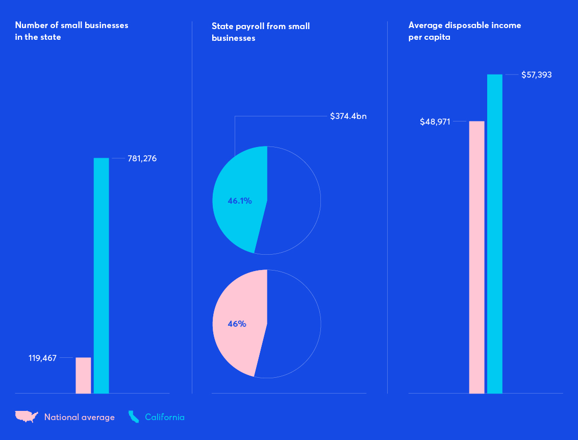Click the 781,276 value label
tap(142, 158)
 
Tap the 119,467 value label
tap(42, 358)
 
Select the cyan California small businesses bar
tap(101, 276)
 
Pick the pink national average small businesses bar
tap(83, 375)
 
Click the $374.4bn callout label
tap(348, 116)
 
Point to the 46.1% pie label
tap(240, 201)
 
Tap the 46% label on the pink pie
tap(237, 324)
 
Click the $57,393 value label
tap(536, 75)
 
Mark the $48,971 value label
tap(435, 121)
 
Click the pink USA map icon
tap(27, 417)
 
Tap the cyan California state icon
tap(133, 417)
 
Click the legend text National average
tap(80, 417)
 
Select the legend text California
tap(165, 417)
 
